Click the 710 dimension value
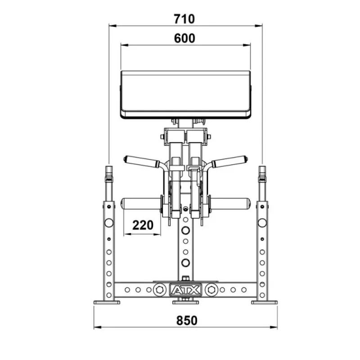click(184, 19)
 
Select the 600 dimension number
click(184, 38)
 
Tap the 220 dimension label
click(143, 225)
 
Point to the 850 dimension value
click(187, 320)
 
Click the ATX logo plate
click(185, 290)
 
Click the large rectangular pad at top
click(185, 94)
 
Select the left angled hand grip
click(141, 161)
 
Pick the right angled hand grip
click(229, 161)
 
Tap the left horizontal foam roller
click(140, 204)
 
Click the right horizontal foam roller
click(230, 204)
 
